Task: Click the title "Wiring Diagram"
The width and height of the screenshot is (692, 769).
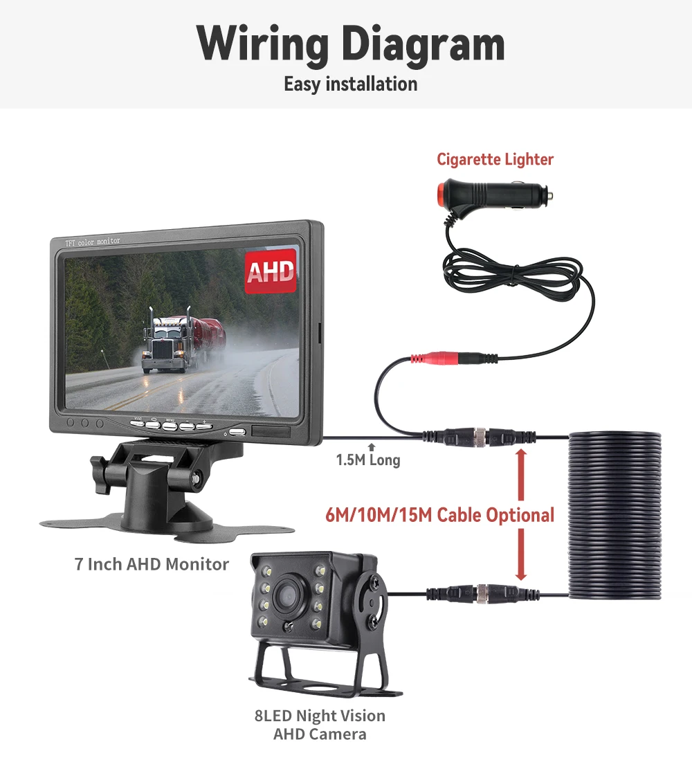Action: [350, 44]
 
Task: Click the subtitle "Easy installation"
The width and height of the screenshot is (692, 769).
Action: [350, 84]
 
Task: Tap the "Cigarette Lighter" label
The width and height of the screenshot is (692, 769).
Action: [495, 159]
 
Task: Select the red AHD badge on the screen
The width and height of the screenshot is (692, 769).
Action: [271, 271]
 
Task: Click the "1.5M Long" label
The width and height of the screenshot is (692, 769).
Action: [367, 460]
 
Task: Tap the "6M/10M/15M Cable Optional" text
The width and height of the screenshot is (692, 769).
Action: [439, 515]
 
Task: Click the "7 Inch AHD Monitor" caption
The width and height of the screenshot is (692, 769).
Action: [152, 564]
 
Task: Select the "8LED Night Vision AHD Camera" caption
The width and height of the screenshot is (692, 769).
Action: [319, 724]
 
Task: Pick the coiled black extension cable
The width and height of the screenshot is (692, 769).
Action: [614, 516]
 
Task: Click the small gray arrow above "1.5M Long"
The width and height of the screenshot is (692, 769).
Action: [372, 447]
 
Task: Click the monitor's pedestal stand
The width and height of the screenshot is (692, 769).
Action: [149, 485]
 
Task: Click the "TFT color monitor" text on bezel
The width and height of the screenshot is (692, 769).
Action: [92, 242]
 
